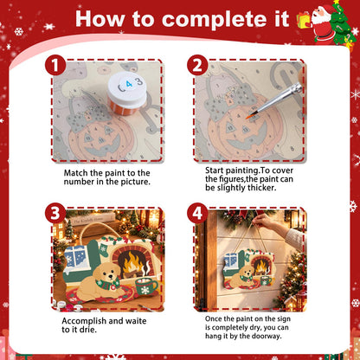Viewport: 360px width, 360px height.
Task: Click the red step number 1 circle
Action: (55, 65)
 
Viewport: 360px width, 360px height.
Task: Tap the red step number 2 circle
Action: (197, 65)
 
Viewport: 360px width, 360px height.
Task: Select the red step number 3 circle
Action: (55, 213)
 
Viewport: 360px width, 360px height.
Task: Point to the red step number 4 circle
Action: (197, 213)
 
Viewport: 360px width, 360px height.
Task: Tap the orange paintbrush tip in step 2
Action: (249, 117)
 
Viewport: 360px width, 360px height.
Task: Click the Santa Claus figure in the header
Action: (322, 23)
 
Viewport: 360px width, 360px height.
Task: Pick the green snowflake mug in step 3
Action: (145, 286)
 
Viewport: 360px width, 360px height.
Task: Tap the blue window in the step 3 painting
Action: (75, 257)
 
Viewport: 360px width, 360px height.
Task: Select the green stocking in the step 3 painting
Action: (104, 249)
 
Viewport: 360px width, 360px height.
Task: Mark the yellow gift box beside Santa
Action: (304, 20)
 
